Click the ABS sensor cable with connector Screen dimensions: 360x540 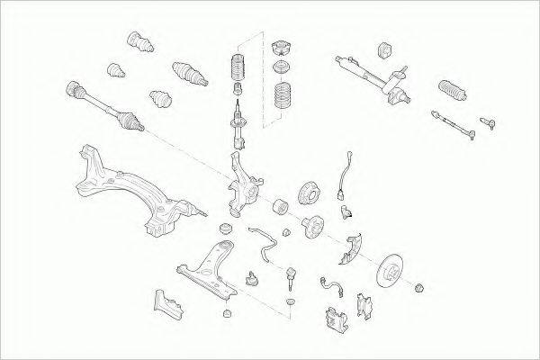click(345, 175)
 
